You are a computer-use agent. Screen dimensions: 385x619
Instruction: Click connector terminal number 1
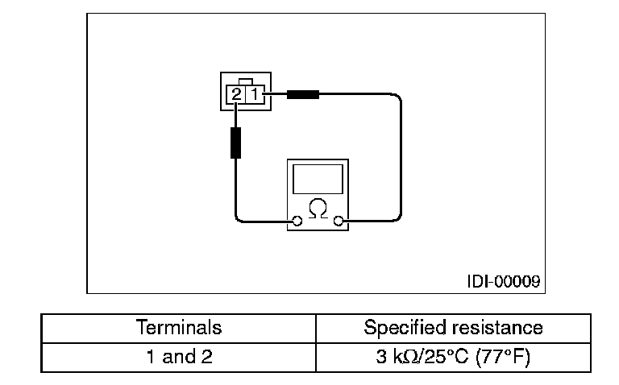point(253,94)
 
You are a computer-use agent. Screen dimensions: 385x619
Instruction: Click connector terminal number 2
point(236,94)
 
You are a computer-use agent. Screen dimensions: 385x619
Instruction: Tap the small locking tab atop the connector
point(245,81)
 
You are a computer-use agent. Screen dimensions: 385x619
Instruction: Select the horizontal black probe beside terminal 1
point(301,94)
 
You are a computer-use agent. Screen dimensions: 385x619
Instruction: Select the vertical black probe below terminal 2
point(236,143)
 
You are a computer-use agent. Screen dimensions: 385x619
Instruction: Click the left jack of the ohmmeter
point(298,221)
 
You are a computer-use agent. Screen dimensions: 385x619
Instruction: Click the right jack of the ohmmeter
point(339,221)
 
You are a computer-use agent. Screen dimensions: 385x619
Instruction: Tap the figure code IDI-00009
point(503,282)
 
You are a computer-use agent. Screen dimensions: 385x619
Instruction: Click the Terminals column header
point(179,328)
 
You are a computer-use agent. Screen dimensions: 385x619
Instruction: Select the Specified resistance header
point(453,328)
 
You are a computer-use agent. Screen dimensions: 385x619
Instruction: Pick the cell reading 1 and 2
point(179,356)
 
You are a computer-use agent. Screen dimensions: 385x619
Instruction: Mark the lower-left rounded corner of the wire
point(239,217)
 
